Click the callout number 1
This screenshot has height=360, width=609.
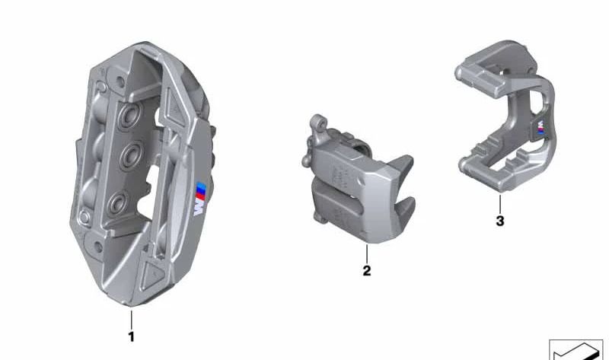131,336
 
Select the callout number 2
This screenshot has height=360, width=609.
367,270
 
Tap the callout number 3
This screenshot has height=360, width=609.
500,221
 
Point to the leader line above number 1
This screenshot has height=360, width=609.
131,320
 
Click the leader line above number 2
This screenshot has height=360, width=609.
367,253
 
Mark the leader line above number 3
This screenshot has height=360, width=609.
500,203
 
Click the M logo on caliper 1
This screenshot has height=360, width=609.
200,199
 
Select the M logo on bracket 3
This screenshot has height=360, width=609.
540,127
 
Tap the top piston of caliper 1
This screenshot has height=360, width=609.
129,115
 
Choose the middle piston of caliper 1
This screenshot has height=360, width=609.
131,155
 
